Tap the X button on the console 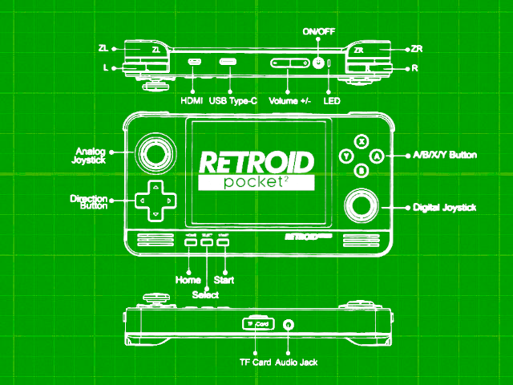[x=362, y=142]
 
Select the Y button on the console [x=345, y=156]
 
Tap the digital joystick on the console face [x=362, y=207]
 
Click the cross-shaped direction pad [x=154, y=200]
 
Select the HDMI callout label [x=192, y=102]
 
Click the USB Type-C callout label [x=232, y=102]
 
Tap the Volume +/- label [x=289, y=102]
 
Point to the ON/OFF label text [x=319, y=31]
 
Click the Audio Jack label [x=297, y=363]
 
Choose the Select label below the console [x=206, y=294]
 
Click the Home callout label [x=188, y=280]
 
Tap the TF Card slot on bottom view [x=258, y=323]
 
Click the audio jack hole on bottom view [x=289, y=324]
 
